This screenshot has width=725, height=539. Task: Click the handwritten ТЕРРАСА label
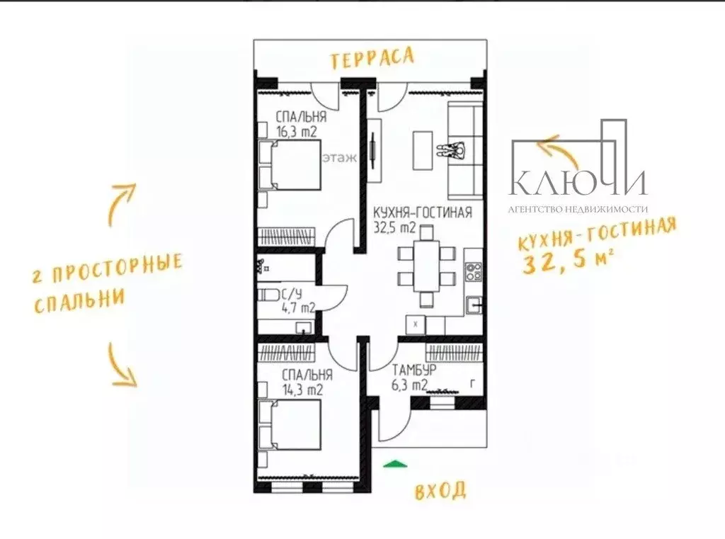point(372,58)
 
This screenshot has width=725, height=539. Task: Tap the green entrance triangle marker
point(395,464)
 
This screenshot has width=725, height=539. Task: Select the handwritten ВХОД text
point(440,490)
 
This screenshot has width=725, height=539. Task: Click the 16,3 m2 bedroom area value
point(297,132)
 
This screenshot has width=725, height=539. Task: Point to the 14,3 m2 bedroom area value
point(303,390)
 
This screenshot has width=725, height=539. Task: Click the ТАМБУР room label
point(414,370)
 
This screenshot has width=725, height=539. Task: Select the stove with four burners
point(473,271)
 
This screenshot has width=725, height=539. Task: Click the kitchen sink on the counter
point(474,305)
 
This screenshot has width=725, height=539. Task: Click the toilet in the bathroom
point(268,295)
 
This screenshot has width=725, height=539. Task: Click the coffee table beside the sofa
point(423,150)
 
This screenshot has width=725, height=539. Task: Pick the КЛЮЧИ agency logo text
point(578,182)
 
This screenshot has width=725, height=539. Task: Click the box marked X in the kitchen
point(415,325)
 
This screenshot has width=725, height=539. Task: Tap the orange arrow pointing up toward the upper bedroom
point(121,204)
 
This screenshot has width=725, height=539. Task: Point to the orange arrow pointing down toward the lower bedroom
point(122,365)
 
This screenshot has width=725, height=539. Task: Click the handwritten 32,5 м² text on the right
point(569,262)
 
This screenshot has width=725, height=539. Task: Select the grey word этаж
point(340,158)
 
